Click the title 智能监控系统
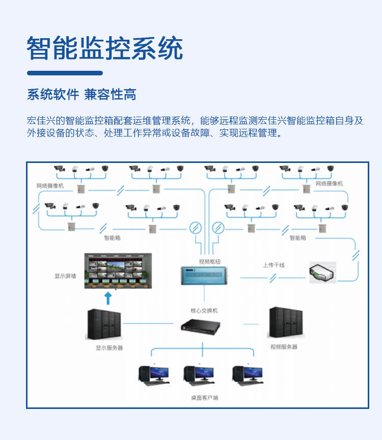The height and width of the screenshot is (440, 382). [x=104, y=49]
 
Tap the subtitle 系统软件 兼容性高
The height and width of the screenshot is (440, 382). [x=81, y=94]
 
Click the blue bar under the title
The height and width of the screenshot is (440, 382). [x=65, y=73]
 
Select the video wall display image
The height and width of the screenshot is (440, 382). [x=118, y=271]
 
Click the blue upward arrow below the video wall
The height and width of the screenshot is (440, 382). [x=107, y=297]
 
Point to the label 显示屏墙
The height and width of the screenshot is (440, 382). [x=65, y=276]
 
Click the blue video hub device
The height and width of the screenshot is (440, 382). [x=204, y=276]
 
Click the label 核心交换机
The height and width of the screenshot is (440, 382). [x=204, y=310]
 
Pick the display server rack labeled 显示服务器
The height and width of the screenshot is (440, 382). [x=104, y=324]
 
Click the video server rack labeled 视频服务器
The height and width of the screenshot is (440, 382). [x=286, y=322]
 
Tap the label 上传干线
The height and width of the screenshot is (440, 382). [x=274, y=265]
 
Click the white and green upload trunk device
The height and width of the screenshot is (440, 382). [x=322, y=272]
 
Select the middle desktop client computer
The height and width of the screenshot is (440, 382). [x=199, y=375]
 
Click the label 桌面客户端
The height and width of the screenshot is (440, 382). [x=204, y=397]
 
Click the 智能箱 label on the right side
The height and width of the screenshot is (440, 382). [x=298, y=237]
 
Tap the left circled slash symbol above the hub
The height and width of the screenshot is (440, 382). [x=195, y=227]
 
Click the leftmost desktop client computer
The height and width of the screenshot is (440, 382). [x=153, y=375]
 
